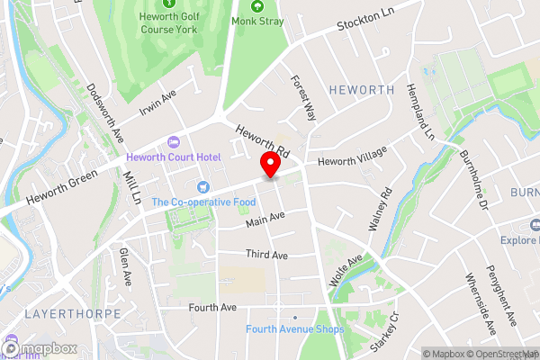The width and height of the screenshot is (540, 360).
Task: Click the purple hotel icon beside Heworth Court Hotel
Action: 173,142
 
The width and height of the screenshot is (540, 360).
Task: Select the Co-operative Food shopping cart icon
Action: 202,186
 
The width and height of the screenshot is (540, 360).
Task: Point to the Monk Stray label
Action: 257,21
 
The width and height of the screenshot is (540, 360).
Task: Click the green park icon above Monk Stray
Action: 257,5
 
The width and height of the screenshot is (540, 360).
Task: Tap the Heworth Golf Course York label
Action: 168,22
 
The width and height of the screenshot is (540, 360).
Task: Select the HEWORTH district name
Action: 362,90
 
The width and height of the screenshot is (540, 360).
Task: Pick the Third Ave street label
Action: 266,256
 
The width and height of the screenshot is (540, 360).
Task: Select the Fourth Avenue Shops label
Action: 294,329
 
